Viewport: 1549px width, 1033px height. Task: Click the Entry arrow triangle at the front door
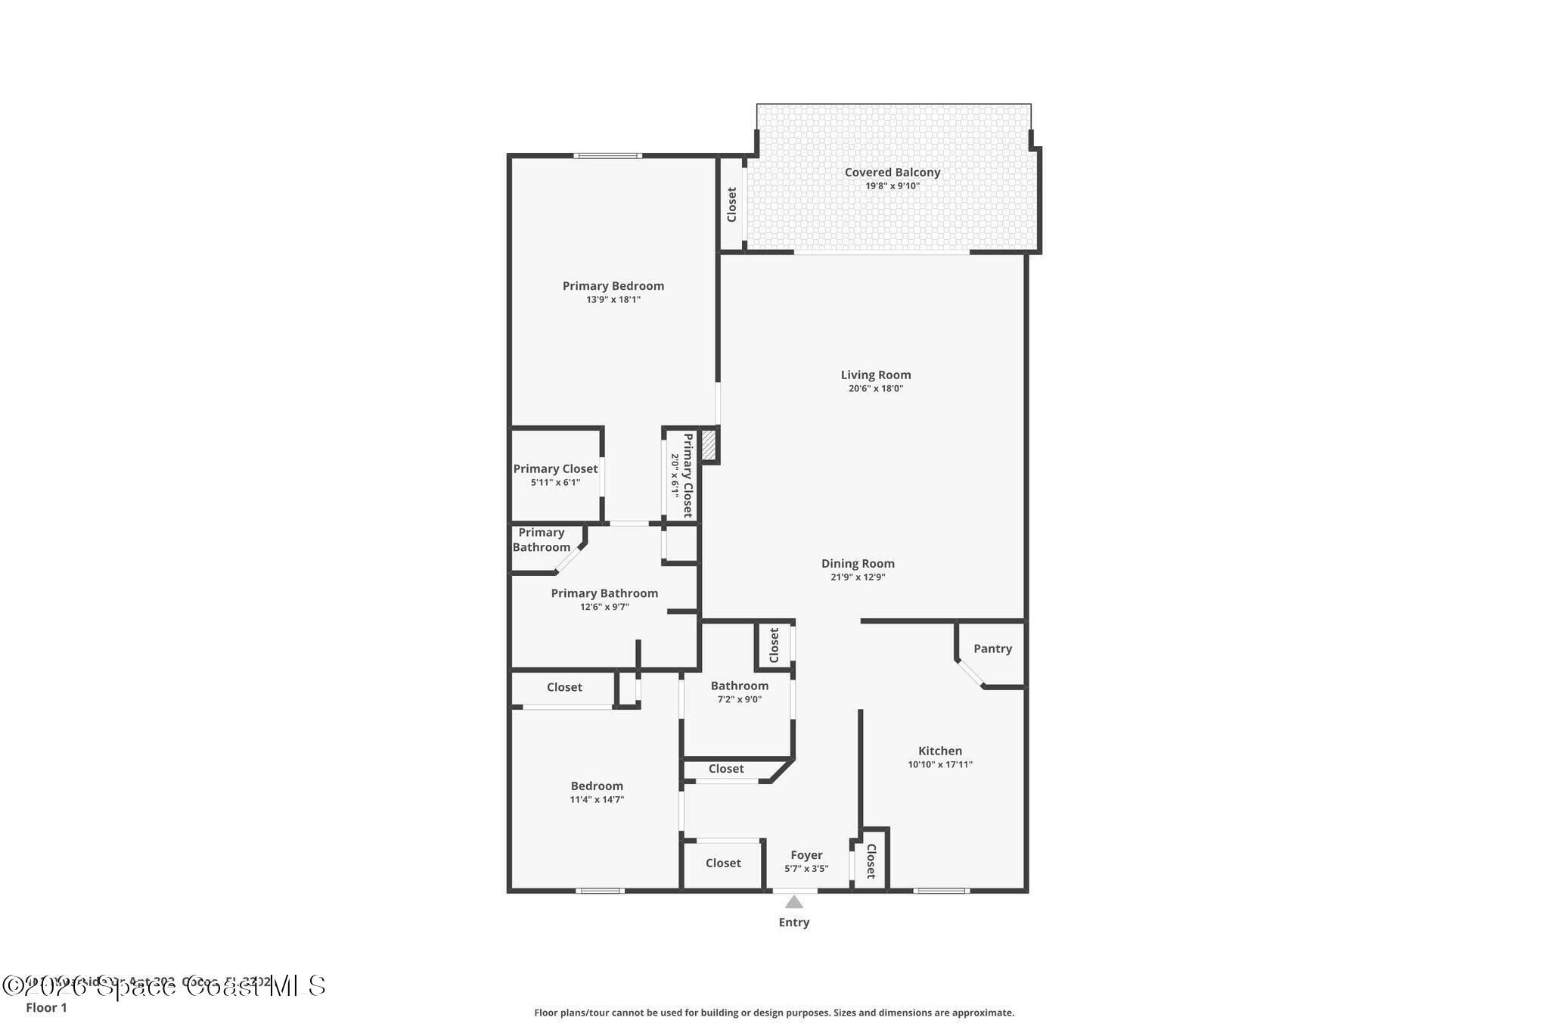tap(793, 902)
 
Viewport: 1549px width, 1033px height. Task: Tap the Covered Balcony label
tap(892, 173)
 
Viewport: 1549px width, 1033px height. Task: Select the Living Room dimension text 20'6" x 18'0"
tap(876, 389)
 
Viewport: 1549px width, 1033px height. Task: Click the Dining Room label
tap(858, 563)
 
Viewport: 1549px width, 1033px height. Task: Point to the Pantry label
tap(992, 649)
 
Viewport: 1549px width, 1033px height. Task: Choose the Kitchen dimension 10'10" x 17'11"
tap(940, 764)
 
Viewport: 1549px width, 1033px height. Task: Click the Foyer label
tap(806, 855)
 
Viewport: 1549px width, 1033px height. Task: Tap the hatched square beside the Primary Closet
tap(709, 444)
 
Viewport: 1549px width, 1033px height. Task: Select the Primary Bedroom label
tap(613, 286)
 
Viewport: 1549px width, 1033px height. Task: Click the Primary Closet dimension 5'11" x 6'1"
tap(555, 482)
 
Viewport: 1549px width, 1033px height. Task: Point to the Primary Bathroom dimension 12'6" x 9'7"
tap(604, 607)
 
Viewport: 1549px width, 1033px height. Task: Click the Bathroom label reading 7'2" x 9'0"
tap(740, 699)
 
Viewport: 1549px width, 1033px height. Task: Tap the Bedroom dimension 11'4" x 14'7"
tap(597, 799)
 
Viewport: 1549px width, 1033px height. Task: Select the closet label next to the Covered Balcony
tap(731, 204)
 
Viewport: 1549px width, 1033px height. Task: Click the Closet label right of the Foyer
tap(871, 861)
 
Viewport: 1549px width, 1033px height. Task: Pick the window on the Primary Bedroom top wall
tap(607, 156)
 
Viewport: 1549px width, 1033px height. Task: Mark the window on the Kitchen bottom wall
tap(941, 891)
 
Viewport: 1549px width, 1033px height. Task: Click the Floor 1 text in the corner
tap(46, 1007)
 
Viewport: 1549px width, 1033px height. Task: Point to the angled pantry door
tap(969, 674)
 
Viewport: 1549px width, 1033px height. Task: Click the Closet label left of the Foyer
tap(723, 863)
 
